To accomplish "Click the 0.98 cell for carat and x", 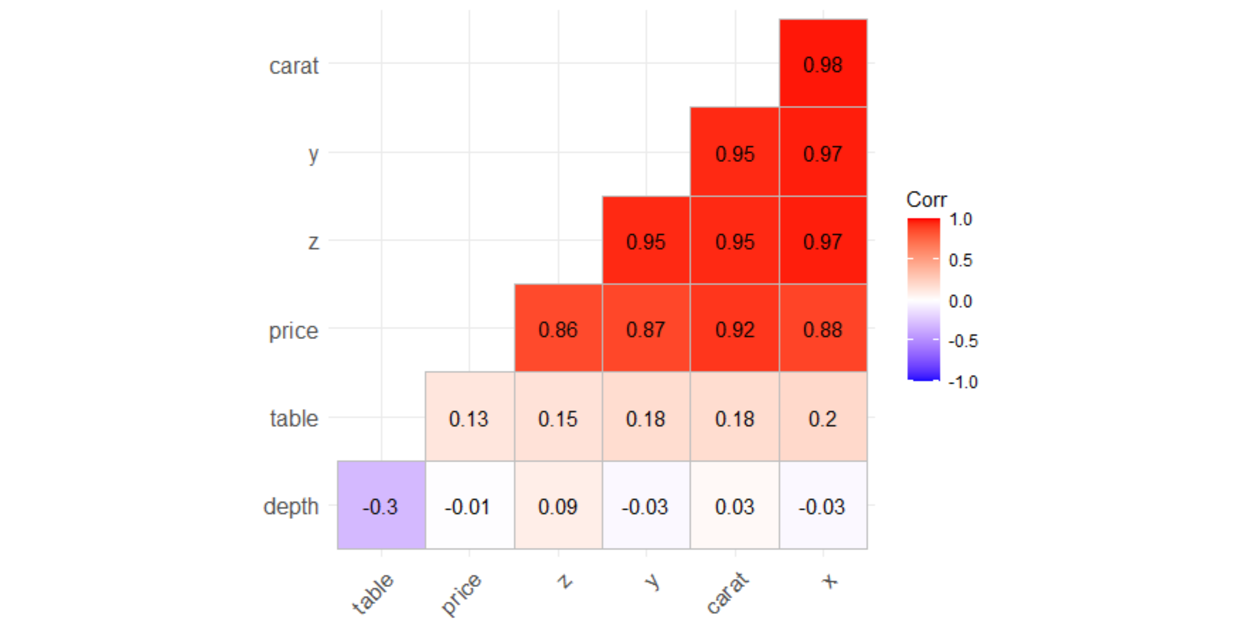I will pos(823,64).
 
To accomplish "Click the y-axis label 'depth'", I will pos(291,506).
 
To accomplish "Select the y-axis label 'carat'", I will pos(294,66).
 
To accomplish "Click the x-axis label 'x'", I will pos(829,580).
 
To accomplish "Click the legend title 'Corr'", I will pos(926,200).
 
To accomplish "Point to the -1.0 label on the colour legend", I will pos(963,382).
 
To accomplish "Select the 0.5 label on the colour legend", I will pos(960,260).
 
